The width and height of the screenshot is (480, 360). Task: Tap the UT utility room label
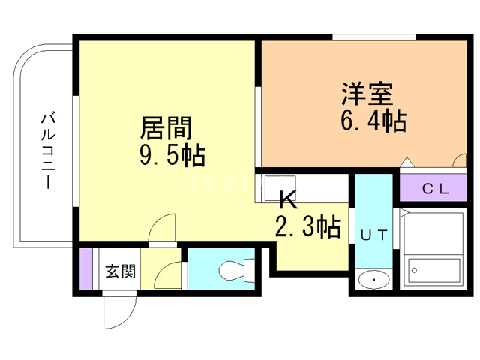373,235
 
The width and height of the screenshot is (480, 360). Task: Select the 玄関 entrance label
119,271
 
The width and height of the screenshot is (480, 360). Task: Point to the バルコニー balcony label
48,150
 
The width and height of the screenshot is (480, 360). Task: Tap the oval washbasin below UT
373,280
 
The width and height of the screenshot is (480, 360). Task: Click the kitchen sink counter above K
277,187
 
